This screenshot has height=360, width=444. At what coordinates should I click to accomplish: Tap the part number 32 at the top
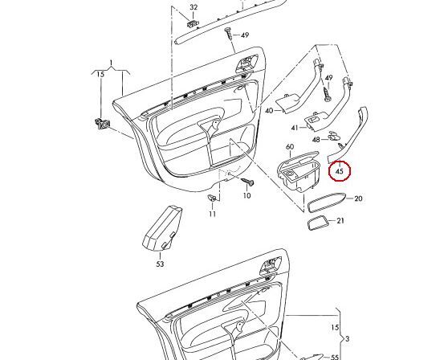(x=193, y=8)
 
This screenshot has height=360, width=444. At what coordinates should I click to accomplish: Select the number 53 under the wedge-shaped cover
(x=159, y=264)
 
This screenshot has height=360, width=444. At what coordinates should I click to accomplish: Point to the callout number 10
(x=246, y=195)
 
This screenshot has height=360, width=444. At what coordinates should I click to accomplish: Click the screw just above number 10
(x=247, y=182)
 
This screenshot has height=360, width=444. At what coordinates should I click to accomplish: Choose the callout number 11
(x=212, y=214)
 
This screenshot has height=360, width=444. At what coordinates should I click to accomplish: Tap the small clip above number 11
(x=212, y=198)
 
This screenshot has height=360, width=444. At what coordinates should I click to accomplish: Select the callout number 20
(x=358, y=198)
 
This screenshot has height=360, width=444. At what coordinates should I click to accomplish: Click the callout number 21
(x=340, y=221)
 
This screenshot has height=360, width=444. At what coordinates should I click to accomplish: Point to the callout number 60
(x=291, y=148)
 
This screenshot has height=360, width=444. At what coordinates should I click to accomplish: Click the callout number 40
(x=269, y=110)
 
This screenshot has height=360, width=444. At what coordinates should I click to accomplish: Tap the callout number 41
(x=295, y=128)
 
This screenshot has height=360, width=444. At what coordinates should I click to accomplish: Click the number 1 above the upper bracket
(x=111, y=63)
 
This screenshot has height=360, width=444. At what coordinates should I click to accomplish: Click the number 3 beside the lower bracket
(x=346, y=339)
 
